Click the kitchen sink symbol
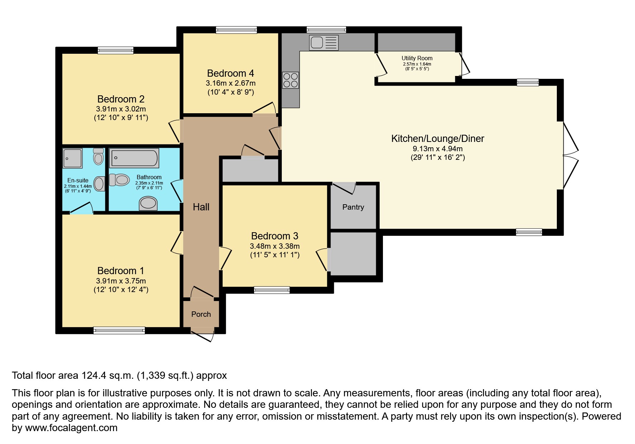[x=323, y=43]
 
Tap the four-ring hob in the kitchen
[x=290, y=80]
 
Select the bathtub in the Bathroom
[x=134, y=158]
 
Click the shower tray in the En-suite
[x=72, y=158]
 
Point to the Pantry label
[x=353, y=207]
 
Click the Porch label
[x=201, y=314]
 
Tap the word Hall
[x=201, y=207]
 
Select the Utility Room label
[x=417, y=58]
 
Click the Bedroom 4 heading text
[x=230, y=73]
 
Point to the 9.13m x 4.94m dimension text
[x=437, y=148]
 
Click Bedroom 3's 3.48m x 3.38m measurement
[x=275, y=246]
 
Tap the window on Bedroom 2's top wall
[x=115, y=51]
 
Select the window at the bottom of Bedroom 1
[x=119, y=330]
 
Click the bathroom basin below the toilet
[x=148, y=203]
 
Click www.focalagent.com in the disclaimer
[x=71, y=428]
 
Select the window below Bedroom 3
[x=271, y=290]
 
